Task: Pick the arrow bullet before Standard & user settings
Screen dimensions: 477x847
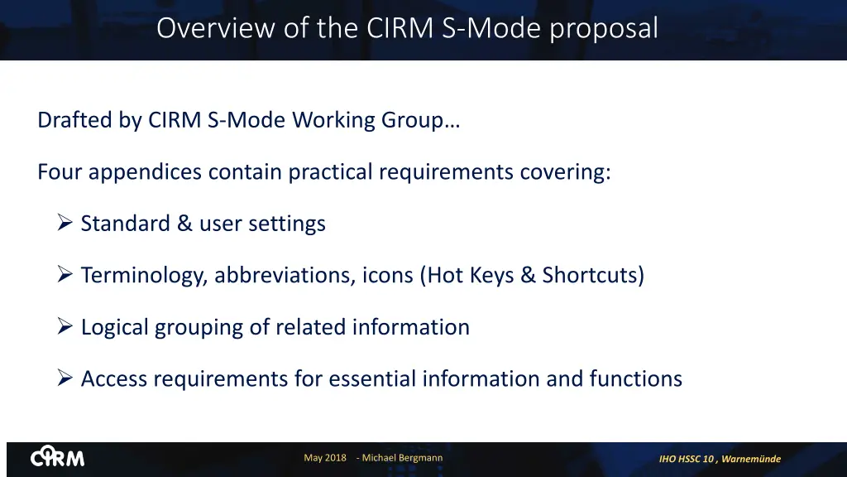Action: tap(66, 223)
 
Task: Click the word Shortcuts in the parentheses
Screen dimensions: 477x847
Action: tap(592, 275)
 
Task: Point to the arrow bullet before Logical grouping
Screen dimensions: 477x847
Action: tap(66, 326)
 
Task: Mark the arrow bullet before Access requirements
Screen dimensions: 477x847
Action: tap(66, 378)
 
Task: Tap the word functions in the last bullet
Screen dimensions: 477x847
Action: tap(635, 378)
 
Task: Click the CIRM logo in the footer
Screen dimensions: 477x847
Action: tap(58, 458)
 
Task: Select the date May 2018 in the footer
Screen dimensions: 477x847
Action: tap(325, 458)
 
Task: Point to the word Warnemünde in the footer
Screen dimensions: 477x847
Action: tap(751, 459)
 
